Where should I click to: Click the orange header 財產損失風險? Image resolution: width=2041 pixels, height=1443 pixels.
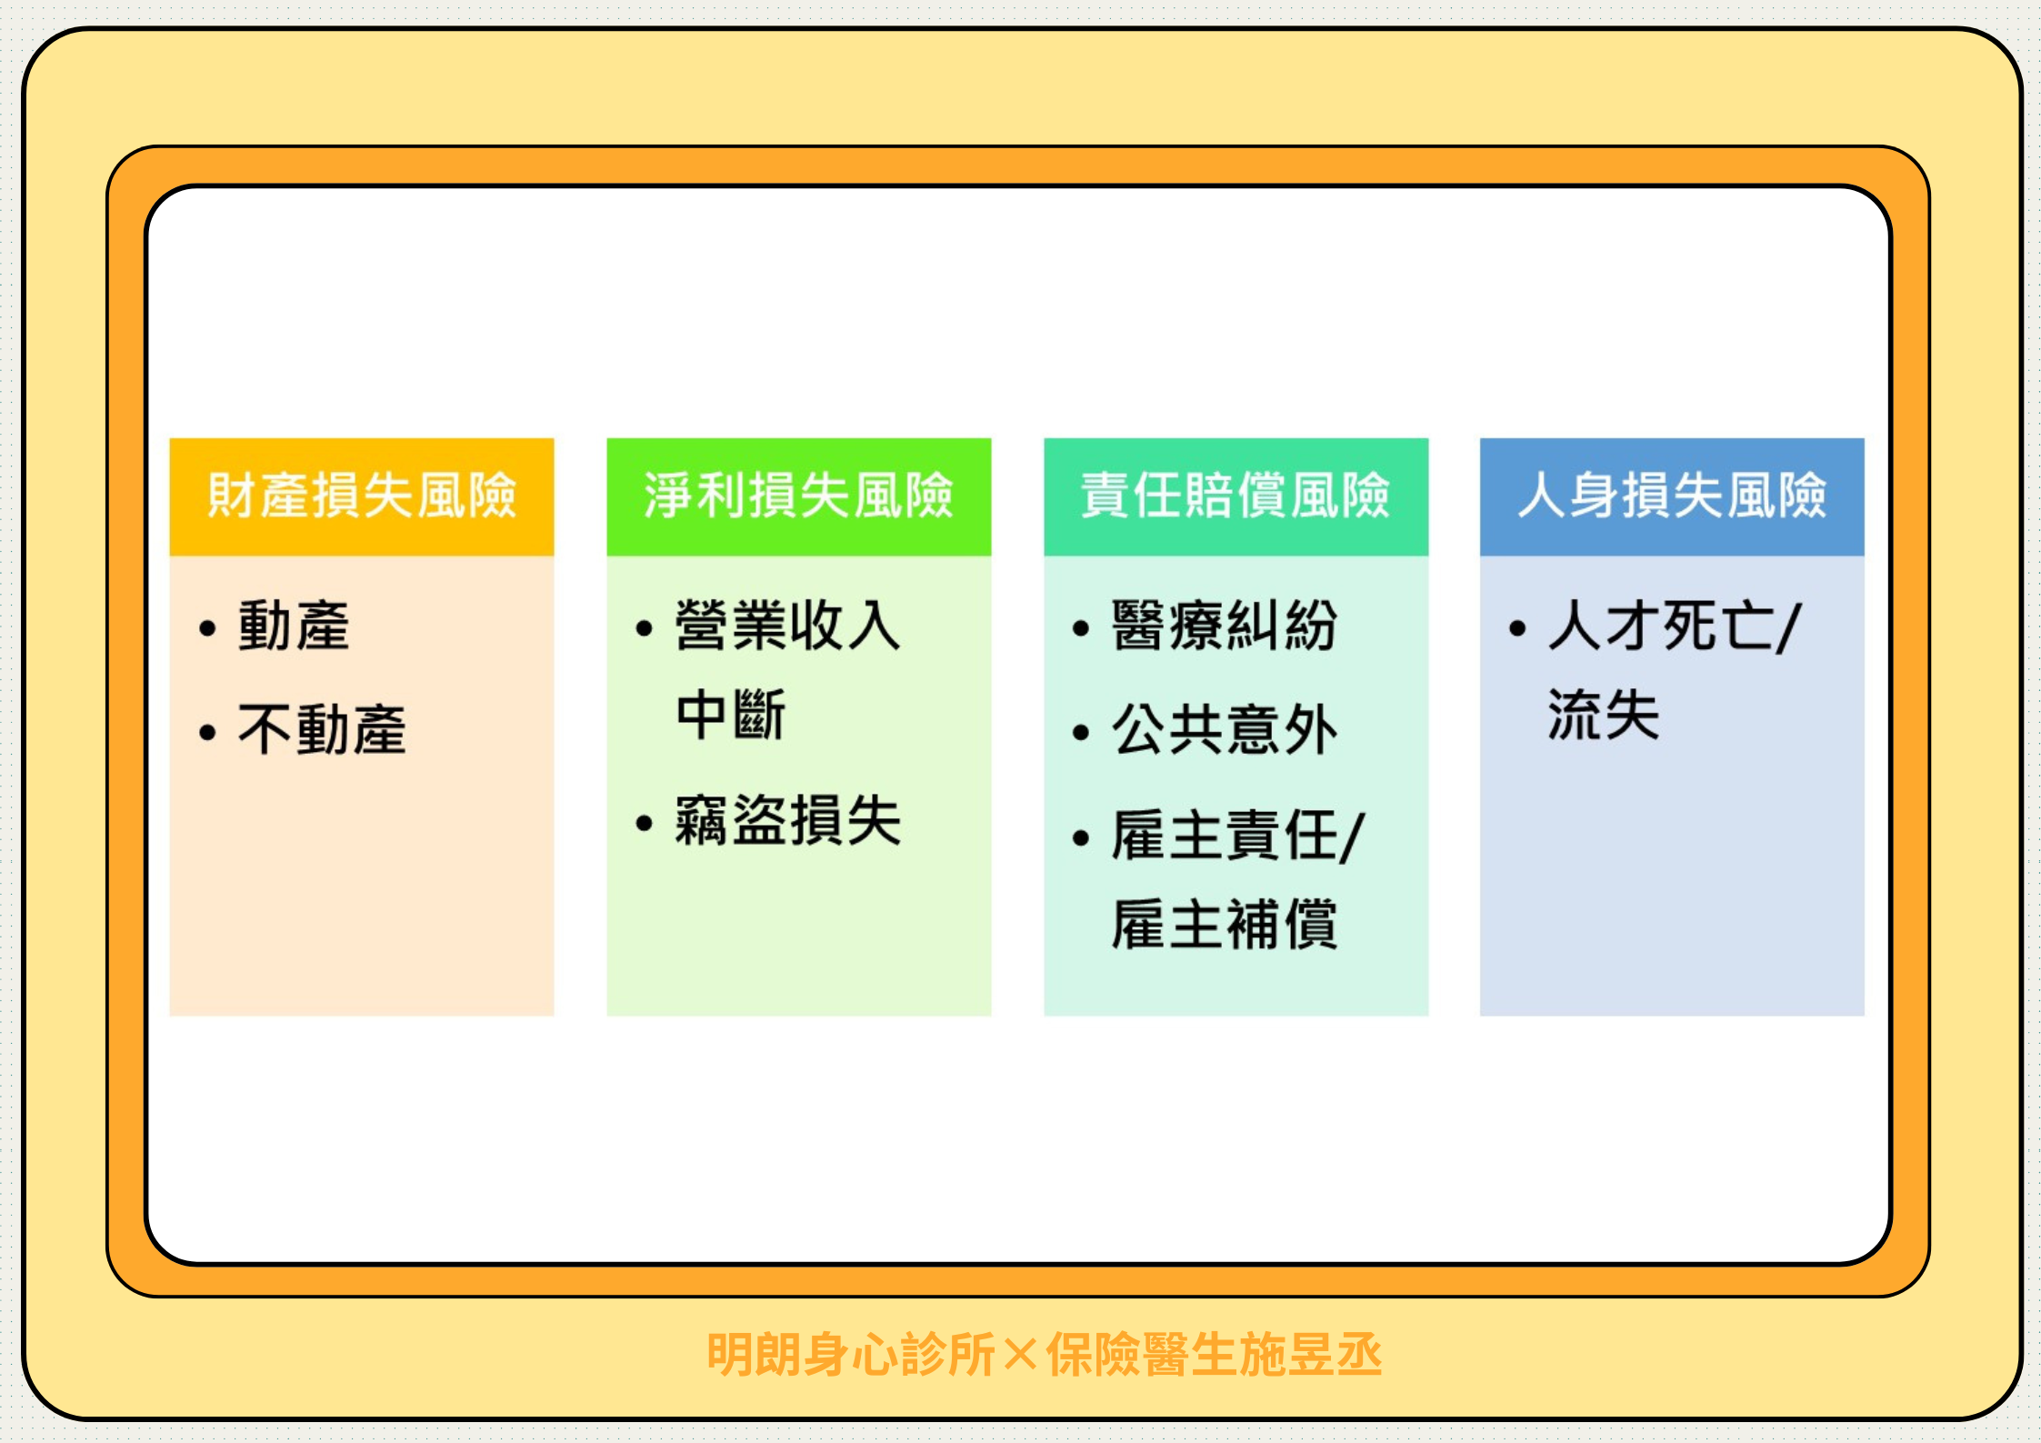[362, 496]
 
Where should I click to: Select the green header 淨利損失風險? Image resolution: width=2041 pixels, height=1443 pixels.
[798, 496]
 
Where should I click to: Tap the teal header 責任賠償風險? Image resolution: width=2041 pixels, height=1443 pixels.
[1236, 496]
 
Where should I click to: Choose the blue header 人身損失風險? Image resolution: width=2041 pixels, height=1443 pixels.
[1672, 496]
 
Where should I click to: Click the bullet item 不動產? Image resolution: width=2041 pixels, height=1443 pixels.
[322, 729]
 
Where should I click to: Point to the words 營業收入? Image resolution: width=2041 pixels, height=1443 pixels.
[788, 626]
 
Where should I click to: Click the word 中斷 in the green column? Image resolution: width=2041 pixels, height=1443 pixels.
[731, 715]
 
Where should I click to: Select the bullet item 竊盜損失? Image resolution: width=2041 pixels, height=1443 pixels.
[788, 820]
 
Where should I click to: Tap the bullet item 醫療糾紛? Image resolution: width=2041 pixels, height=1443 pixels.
[1225, 626]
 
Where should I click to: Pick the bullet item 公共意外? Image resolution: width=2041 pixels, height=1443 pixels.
[1225, 729]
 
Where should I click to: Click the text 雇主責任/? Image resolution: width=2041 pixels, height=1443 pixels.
[1238, 835]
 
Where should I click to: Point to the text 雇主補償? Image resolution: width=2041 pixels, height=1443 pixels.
[1225, 924]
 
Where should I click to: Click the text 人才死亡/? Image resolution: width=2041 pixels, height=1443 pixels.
[1675, 626]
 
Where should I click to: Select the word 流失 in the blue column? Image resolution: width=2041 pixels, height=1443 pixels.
[1604, 715]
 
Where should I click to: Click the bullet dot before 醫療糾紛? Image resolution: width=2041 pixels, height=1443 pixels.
[1081, 628]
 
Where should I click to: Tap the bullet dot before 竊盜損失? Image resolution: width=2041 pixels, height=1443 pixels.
[645, 824]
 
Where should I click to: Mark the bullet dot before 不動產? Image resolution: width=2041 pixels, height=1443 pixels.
[207, 732]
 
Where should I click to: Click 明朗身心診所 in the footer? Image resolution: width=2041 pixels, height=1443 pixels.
[852, 1355]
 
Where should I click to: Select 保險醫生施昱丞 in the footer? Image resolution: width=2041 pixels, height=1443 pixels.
[1215, 1355]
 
